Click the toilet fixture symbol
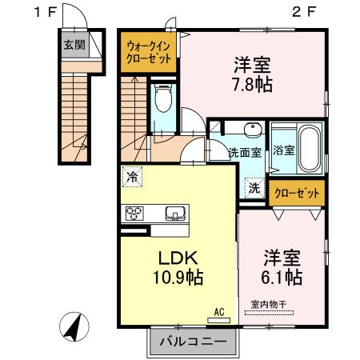pos(164,99)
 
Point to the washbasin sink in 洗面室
pos(251,131)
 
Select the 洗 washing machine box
pos(253,189)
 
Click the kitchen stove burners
pos(132,213)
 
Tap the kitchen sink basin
pos(174,213)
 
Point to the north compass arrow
pos(73,327)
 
